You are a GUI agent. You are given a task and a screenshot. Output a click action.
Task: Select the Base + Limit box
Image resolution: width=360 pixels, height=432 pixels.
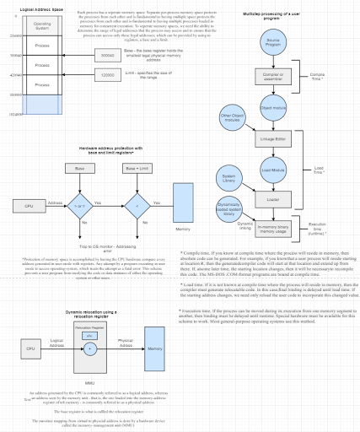[132, 170]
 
